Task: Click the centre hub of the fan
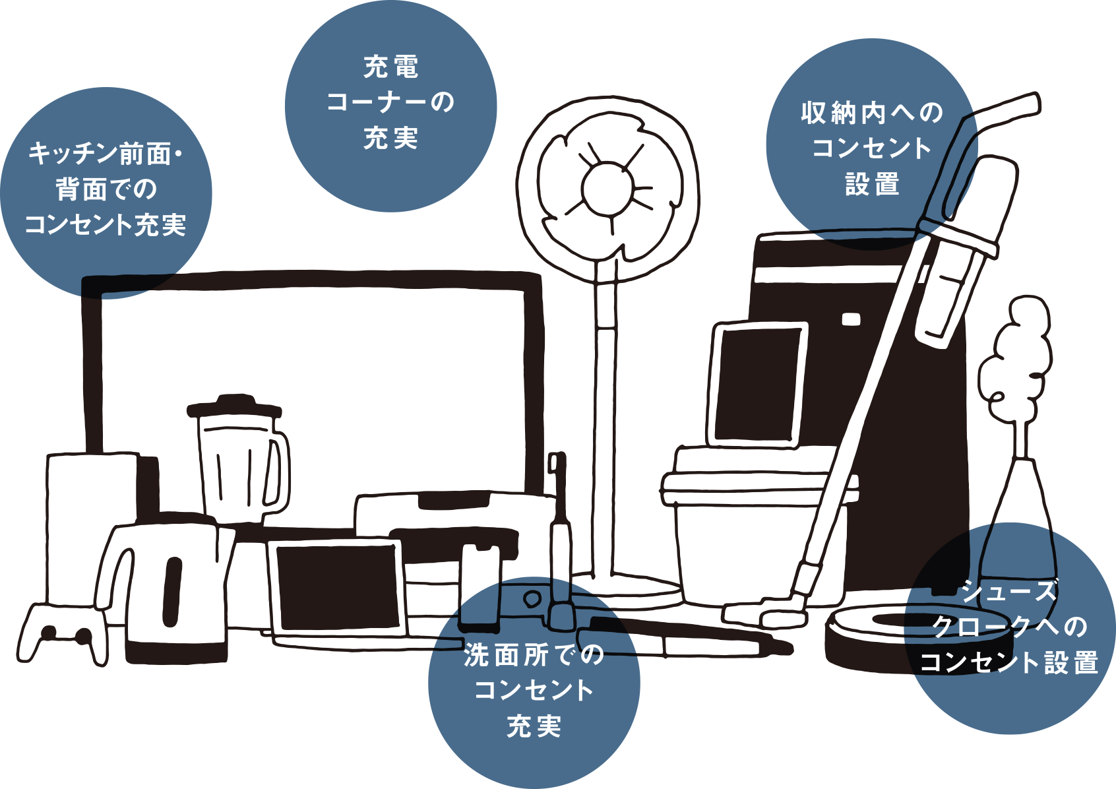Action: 607,188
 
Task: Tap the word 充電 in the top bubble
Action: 390,67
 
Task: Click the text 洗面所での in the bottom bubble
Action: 534,655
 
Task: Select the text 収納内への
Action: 872,113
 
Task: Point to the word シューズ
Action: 1009,591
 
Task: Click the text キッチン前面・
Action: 106,154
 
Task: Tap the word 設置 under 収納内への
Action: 872,184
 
